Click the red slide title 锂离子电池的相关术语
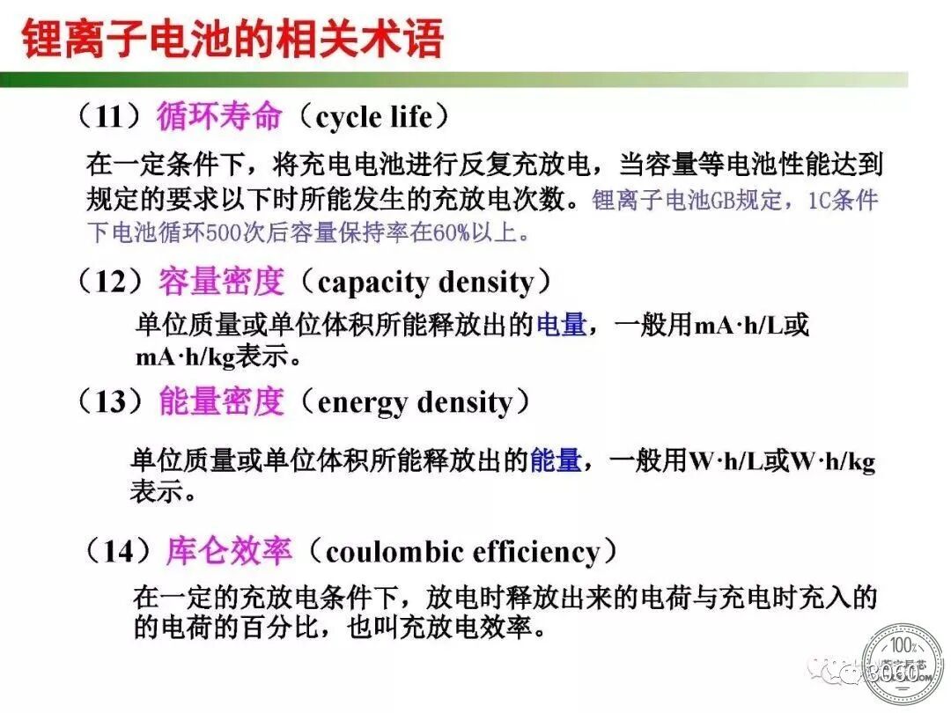(232, 39)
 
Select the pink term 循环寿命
(219, 116)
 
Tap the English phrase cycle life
(374, 117)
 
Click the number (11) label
(109, 116)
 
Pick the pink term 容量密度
(221, 282)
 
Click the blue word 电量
(561, 324)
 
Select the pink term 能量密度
(221, 401)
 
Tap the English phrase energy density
(415, 402)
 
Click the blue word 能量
(556, 460)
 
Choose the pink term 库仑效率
(229, 551)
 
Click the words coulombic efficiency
(463, 552)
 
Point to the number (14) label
(117, 551)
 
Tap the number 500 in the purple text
(224, 233)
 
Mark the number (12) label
(110, 282)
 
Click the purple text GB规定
(745, 200)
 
